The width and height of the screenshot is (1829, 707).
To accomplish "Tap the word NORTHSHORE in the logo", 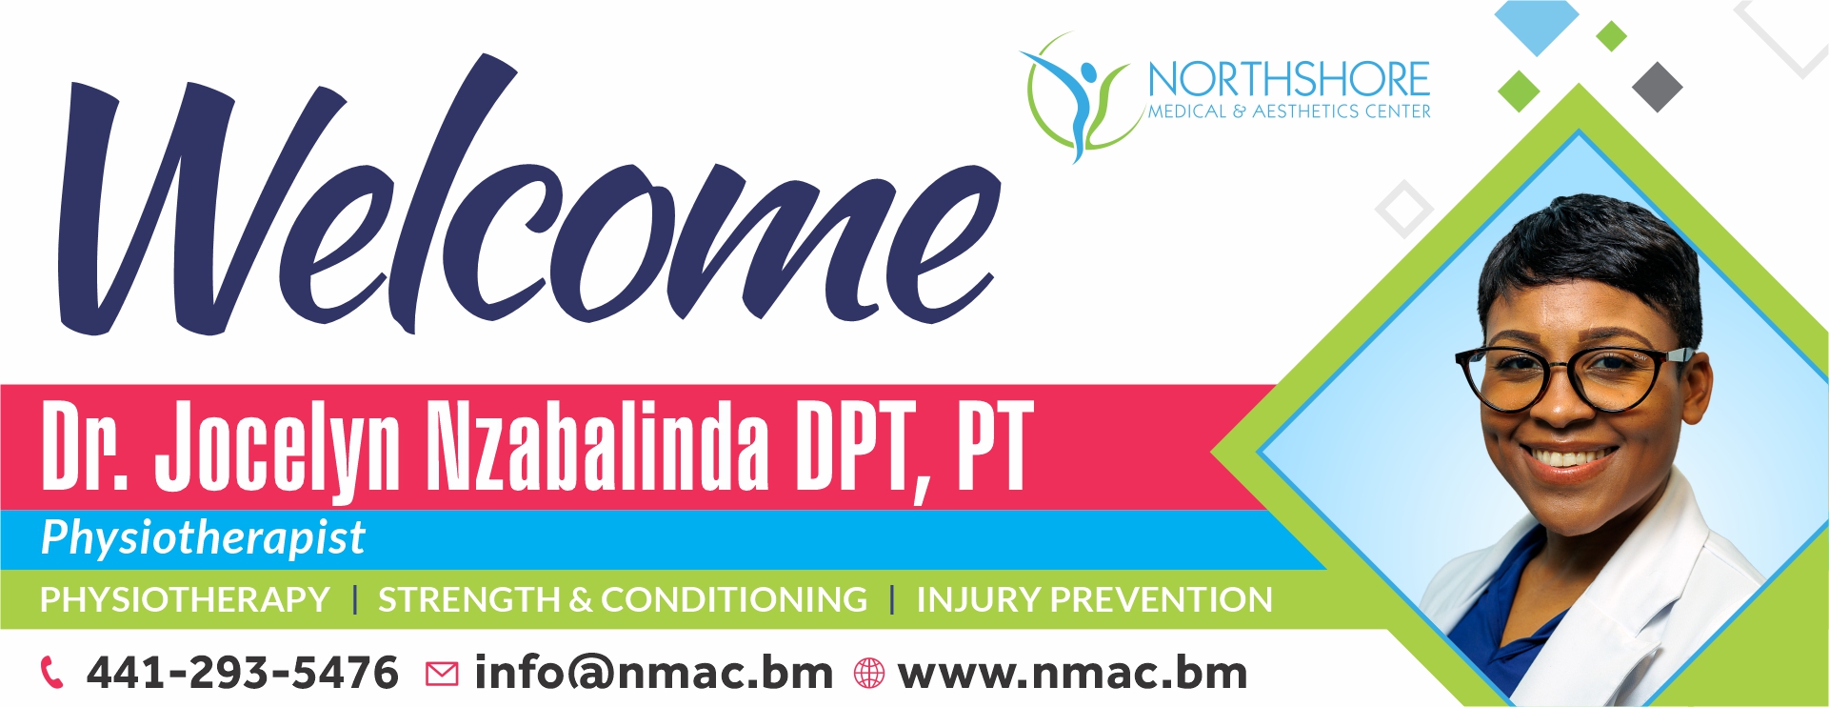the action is click(1289, 80).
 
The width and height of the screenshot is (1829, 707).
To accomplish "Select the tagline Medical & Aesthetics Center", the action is click(1289, 111).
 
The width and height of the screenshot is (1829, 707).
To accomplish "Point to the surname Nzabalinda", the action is click(597, 444).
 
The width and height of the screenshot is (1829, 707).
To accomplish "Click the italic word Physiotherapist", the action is click(203, 538).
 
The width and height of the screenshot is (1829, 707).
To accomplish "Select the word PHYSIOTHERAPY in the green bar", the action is click(185, 599).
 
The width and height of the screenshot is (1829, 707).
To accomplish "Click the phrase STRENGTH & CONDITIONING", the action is click(623, 599).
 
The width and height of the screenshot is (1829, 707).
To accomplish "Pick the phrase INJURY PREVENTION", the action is click(1094, 599).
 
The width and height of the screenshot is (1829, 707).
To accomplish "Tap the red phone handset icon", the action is click(52, 673).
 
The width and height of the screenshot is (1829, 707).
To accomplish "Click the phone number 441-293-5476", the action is click(242, 673).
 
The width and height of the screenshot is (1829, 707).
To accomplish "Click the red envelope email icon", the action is click(441, 675).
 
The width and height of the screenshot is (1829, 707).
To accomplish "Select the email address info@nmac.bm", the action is click(653, 673).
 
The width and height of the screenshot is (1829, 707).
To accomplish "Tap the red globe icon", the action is click(868, 674).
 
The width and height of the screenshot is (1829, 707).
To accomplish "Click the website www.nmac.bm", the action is click(1073, 673).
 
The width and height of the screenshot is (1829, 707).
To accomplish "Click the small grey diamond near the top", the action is click(1658, 87).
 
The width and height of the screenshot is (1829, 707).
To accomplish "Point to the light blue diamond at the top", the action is click(1537, 24).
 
